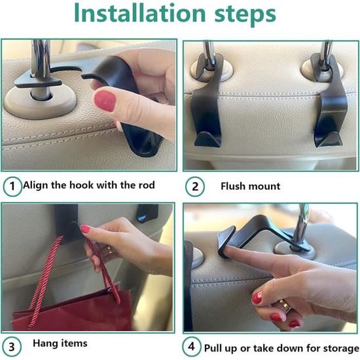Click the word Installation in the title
point(140,13)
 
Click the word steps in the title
point(245,14)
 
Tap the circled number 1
point(12,186)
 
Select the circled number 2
point(195,187)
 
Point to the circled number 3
point(12,347)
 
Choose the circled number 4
point(192,347)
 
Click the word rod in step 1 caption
point(147,185)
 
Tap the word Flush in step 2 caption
point(232,186)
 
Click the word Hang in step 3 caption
point(45,344)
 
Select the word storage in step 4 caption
point(342,349)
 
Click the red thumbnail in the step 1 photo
point(105,101)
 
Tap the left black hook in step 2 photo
point(207,101)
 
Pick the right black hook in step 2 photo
point(329,101)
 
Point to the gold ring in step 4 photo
point(285,306)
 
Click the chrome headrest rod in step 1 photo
point(41,69)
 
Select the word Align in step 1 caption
point(36,185)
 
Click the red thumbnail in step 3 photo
point(86,229)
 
